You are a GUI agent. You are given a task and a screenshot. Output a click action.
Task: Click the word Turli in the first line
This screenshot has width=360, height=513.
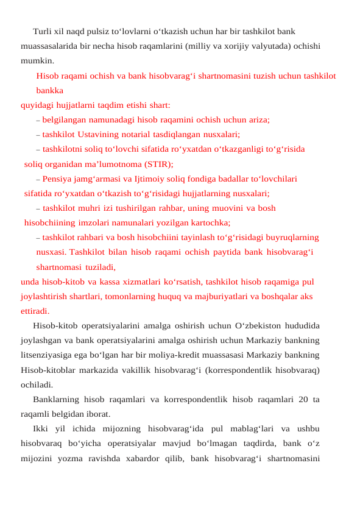[x=42, y=30]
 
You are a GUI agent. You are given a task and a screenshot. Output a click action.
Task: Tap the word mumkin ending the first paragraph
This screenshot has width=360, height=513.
[x=37, y=60]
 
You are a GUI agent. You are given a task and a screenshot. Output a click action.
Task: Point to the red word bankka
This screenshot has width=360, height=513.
[x=50, y=90]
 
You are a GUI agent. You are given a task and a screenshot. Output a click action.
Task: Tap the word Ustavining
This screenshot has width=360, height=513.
[x=102, y=134]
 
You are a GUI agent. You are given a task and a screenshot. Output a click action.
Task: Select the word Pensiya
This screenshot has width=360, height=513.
[x=59, y=179]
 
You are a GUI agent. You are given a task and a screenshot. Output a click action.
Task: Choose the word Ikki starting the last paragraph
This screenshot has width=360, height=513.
[x=43, y=429]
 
